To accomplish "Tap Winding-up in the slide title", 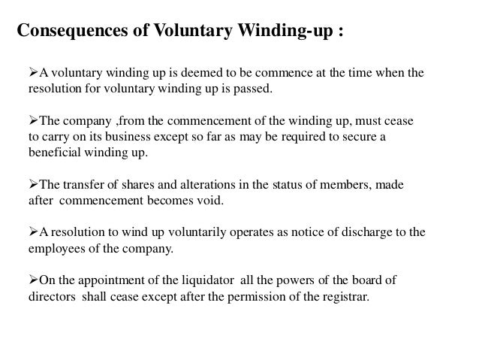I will click(281, 32).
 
